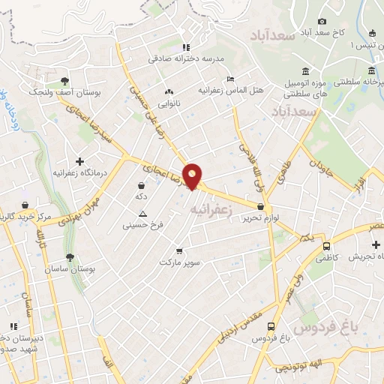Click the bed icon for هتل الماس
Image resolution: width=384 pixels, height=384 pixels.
231,78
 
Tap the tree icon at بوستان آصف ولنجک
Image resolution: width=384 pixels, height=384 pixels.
65,80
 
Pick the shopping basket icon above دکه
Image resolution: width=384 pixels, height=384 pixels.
140,184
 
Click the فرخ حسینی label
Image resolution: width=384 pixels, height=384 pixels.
142,223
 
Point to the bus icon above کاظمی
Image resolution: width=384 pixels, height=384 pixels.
326,245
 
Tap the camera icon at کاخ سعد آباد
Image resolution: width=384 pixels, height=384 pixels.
322,22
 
